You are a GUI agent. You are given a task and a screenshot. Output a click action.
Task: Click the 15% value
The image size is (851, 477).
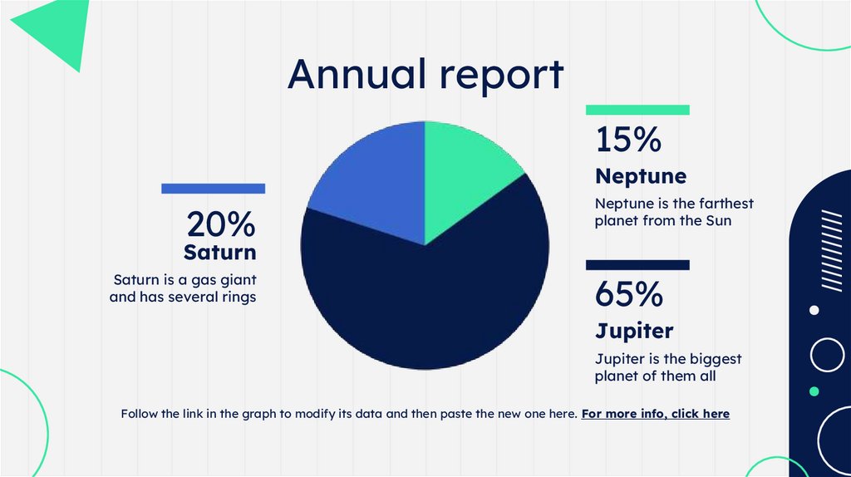tap(628, 140)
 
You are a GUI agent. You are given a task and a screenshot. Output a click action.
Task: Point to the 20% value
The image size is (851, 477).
tap(220, 224)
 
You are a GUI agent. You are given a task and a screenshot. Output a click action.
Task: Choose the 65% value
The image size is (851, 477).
tap(629, 294)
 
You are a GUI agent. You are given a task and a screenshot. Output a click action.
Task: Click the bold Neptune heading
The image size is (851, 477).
tap(641, 176)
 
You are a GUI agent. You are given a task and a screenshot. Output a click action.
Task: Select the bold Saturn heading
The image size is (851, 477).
tap(220, 251)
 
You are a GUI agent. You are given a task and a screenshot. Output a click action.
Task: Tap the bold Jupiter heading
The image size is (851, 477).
tap(634, 331)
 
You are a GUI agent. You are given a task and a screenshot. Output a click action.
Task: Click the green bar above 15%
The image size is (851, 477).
tap(637, 110)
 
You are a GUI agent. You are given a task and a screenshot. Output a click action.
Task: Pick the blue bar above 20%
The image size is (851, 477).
tap(213, 189)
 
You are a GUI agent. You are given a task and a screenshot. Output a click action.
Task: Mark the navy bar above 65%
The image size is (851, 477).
tap(637, 265)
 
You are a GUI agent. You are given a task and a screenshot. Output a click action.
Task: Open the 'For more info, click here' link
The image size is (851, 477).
tap(655, 413)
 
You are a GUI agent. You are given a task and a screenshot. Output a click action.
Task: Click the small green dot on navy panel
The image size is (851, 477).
tap(814, 391)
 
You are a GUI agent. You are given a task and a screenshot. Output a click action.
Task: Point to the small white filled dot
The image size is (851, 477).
tap(814, 310)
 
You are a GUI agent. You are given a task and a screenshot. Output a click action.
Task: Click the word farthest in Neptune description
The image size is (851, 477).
tap(726, 204)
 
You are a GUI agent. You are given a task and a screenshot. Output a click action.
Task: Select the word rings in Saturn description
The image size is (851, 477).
tap(237, 297)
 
